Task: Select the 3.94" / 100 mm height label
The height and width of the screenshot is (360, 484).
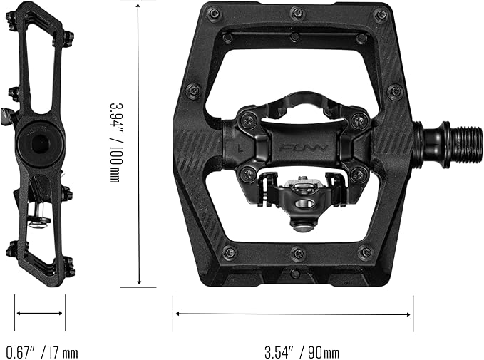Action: [115, 140]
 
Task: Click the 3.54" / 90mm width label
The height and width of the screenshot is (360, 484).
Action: [302, 351]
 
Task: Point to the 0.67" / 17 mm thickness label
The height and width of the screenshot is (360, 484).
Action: [42, 351]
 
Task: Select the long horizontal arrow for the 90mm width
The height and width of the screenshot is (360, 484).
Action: [292, 313]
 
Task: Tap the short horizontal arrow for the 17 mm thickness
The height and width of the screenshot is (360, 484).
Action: [40, 312]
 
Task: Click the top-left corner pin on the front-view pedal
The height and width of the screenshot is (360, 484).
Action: [214, 13]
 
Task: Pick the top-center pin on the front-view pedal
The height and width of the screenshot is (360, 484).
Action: [297, 12]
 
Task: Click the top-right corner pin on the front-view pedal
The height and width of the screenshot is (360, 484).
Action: [381, 14]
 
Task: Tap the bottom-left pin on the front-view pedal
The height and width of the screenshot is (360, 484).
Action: [230, 252]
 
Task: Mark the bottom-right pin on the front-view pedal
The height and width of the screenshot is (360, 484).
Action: [365, 252]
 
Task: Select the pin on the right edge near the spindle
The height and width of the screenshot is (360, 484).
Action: [394, 91]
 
